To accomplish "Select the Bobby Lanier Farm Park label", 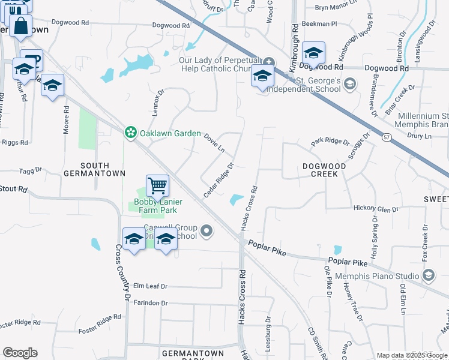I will pos(152,206).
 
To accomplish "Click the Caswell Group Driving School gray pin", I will pos(207,230).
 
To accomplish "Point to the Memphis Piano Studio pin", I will pos(429,275).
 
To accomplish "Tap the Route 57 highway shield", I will pos(386,137).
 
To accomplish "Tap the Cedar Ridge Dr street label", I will pos(218,179).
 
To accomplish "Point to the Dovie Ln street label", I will pos(214,143).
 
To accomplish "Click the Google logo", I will pos(20,353).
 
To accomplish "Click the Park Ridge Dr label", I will pos(330,142).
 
